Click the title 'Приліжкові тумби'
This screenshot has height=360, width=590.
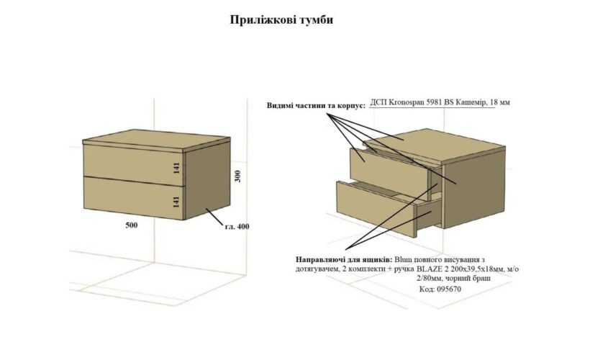tap(281, 20)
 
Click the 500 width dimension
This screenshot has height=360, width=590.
tap(132, 225)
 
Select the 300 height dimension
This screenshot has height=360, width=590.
tap(237, 176)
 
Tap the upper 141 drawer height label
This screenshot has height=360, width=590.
tap(177, 168)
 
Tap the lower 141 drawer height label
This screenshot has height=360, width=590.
tap(177, 202)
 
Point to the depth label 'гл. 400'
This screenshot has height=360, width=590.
tap(237, 227)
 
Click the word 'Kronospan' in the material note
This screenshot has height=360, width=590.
tap(406, 102)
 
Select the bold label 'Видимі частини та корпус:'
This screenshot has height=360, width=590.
tap(316, 105)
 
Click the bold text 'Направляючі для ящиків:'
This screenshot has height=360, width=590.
tap(344, 260)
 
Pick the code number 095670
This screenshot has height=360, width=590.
tap(449, 289)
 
